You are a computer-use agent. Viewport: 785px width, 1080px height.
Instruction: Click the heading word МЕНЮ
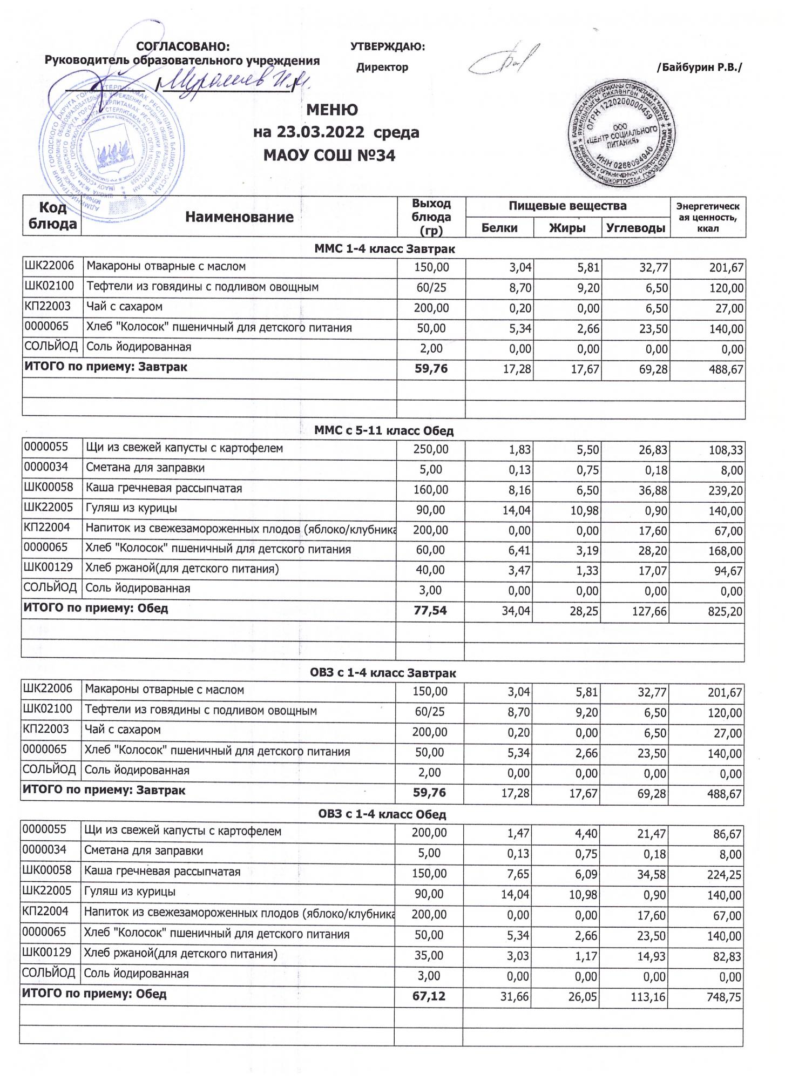coord(331,110)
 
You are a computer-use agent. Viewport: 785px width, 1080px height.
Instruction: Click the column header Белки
coord(499,228)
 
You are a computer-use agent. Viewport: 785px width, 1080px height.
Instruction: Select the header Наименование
coord(239,217)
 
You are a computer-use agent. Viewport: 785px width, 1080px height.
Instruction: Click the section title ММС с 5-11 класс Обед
coord(384,431)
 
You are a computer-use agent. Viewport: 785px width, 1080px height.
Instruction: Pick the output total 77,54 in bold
coord(430,611)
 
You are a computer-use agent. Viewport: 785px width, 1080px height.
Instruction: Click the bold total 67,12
coord(429,995)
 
